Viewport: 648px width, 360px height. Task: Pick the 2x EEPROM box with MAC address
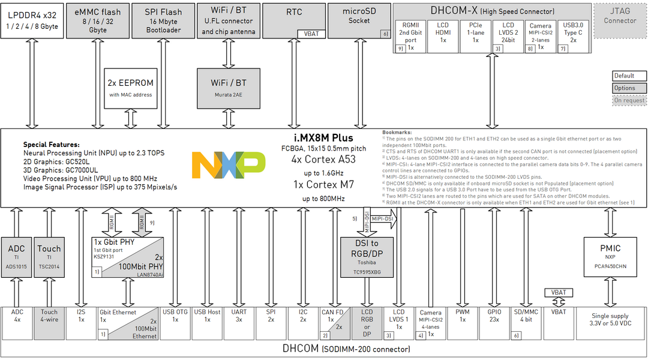pyautogui.click(x=130, y=88)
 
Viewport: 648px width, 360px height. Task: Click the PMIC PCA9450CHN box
pyautogui.click(x=610, y=257)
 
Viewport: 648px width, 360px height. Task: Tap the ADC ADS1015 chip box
pyautogui.click(x=17, y=257)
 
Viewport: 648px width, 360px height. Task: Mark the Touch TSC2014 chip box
pyautogui.click(x=49, y=257)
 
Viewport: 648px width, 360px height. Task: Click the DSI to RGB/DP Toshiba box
pyautogui.click(x=366, y=257)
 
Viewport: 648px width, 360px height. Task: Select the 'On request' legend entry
pyautogui.click(x=629, y=101)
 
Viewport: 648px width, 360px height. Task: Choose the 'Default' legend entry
pyautogui.click(x=629, y=76)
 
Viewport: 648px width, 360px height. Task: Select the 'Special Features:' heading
pyautogui.click(x=52, y=145)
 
